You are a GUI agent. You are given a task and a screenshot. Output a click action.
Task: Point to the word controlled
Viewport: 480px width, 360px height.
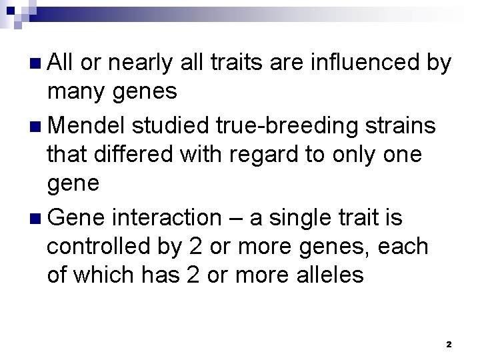(93, 246)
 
